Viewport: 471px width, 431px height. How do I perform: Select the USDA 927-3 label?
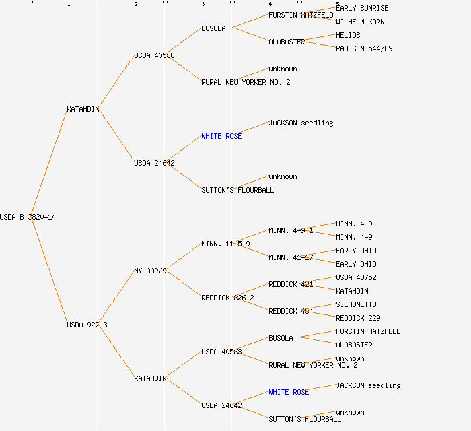[x=87, y=325]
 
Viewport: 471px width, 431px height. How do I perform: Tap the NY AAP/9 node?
[x=150, y=271]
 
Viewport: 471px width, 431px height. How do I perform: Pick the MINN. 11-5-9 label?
[x=225, y=244]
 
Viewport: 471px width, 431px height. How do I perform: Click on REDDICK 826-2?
[x=227, y=298]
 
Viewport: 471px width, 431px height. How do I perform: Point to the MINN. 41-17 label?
[x=291, y=257]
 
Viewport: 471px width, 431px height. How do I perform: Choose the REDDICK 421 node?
[x=291, y=284]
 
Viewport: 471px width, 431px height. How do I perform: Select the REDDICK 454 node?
[x=291, y=311]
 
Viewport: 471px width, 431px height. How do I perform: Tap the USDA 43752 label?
[x=356, y=277]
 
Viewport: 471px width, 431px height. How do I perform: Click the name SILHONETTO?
[x=356, y=304]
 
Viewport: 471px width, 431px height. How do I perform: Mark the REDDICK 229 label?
[x=358, y=318]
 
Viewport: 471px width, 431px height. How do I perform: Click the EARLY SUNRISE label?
[x=362, y=8]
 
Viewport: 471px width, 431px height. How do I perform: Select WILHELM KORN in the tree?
[x=360, y=22]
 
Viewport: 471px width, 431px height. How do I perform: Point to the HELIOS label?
[x=348, y=35]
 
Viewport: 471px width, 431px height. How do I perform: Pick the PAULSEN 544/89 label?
[x=364, y=48]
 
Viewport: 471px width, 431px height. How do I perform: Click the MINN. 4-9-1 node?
[x=291, y=230]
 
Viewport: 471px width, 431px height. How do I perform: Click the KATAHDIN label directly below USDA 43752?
[x=352, y=291]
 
